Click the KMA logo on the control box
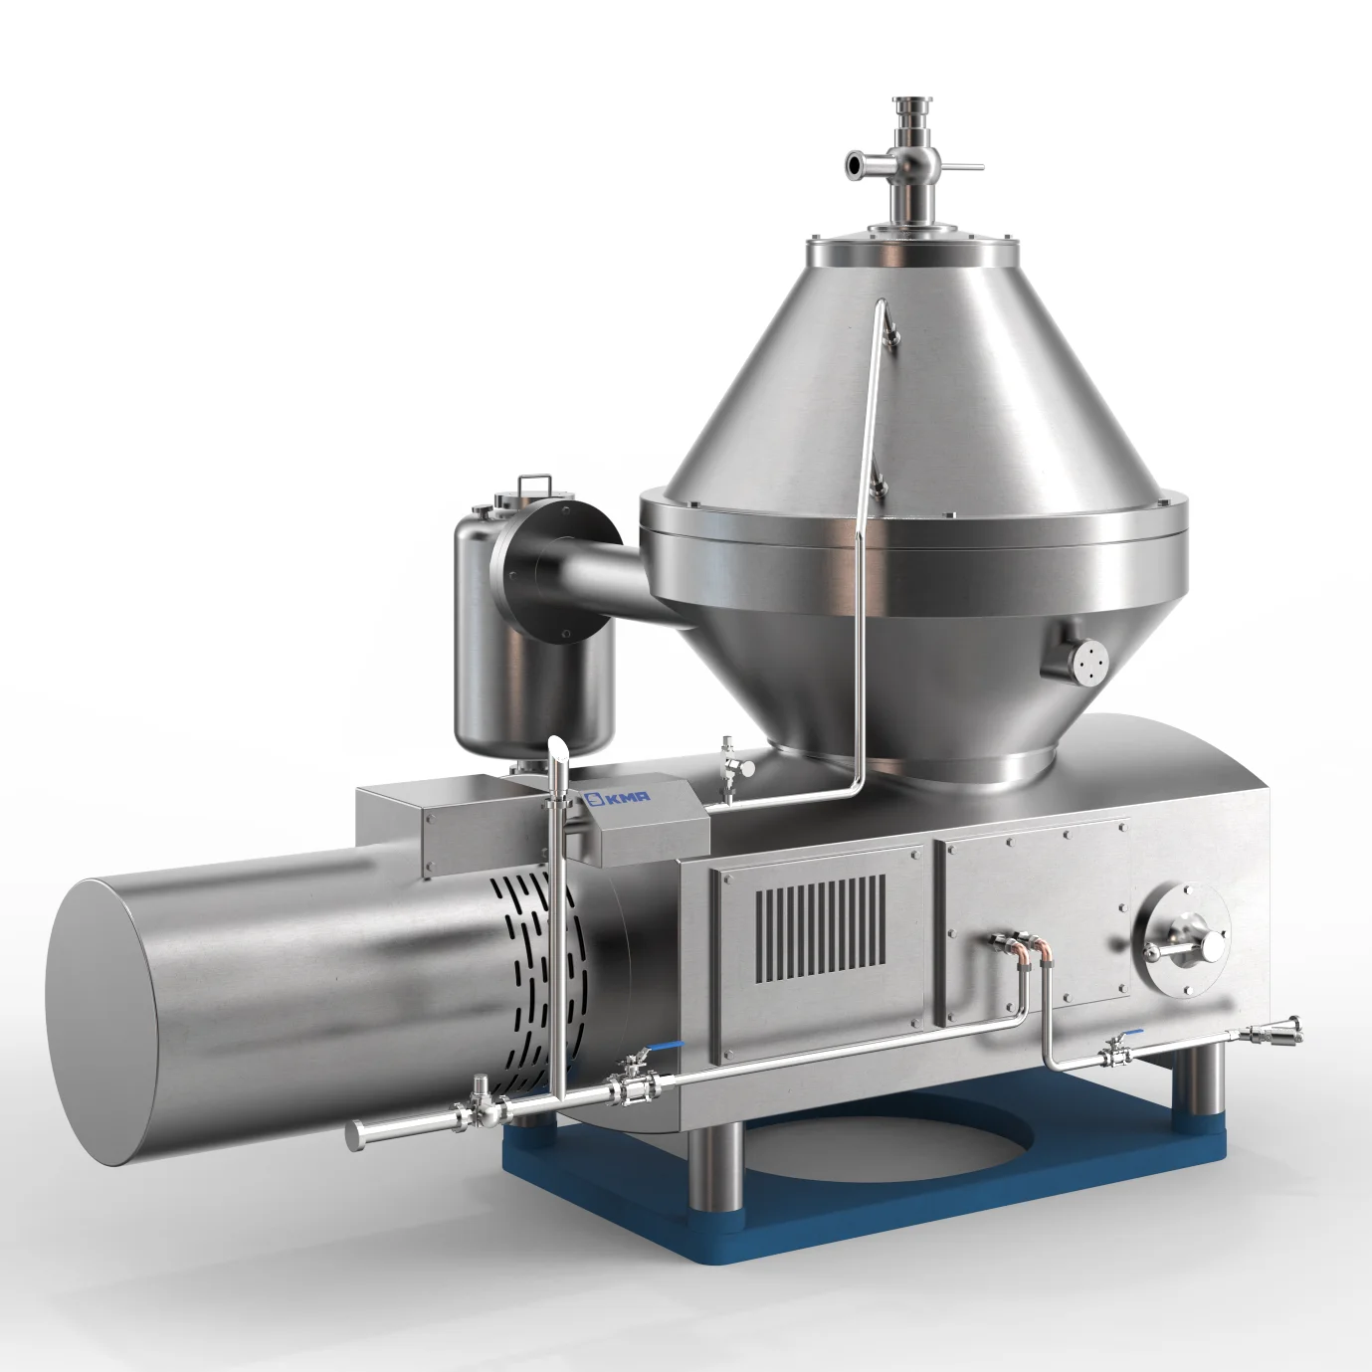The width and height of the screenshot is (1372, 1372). pos(617,797)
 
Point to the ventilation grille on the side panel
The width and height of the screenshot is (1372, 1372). pos(820,928)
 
